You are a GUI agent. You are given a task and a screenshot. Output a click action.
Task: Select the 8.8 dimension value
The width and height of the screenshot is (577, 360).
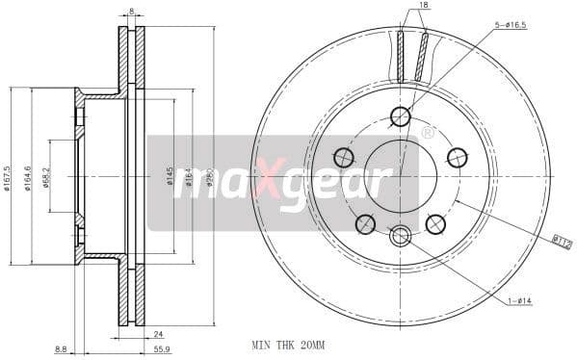pos(62,349)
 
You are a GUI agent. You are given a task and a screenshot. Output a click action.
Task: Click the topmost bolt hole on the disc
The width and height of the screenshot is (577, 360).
pos(400,117)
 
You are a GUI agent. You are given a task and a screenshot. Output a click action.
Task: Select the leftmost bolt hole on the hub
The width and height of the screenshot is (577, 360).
pos(343,157)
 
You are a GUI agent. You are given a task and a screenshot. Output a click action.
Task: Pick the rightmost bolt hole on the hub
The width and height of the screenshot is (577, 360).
pos(457,157)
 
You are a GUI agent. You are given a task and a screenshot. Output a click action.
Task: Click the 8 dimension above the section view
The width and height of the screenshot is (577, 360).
pos(131,12)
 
